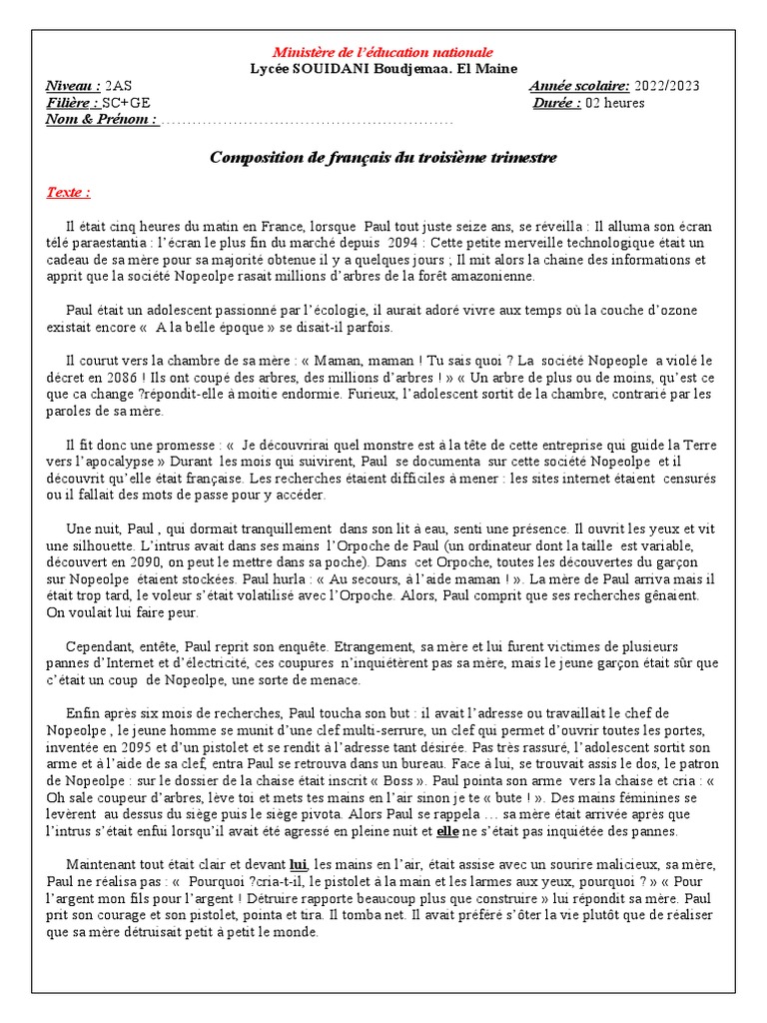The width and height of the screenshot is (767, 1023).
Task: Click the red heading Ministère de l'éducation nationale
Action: (383, 52)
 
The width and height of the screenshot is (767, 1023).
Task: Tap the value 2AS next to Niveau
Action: (118, 86)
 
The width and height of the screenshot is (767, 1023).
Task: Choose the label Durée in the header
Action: (556, 103)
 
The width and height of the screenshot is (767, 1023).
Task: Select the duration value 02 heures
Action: (615, 103)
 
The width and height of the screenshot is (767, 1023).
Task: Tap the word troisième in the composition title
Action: (444, 158)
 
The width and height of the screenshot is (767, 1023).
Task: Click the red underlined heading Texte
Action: (69, 192)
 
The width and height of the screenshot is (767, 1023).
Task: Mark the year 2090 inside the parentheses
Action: (177, 562)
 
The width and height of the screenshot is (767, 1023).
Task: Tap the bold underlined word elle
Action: (448, 831)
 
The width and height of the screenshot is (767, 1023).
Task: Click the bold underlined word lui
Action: (298, 864)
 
